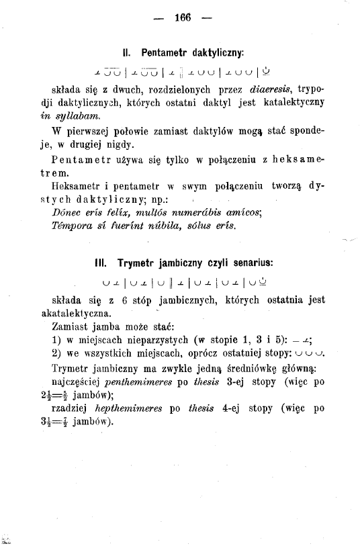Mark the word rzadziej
pos(71,408)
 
